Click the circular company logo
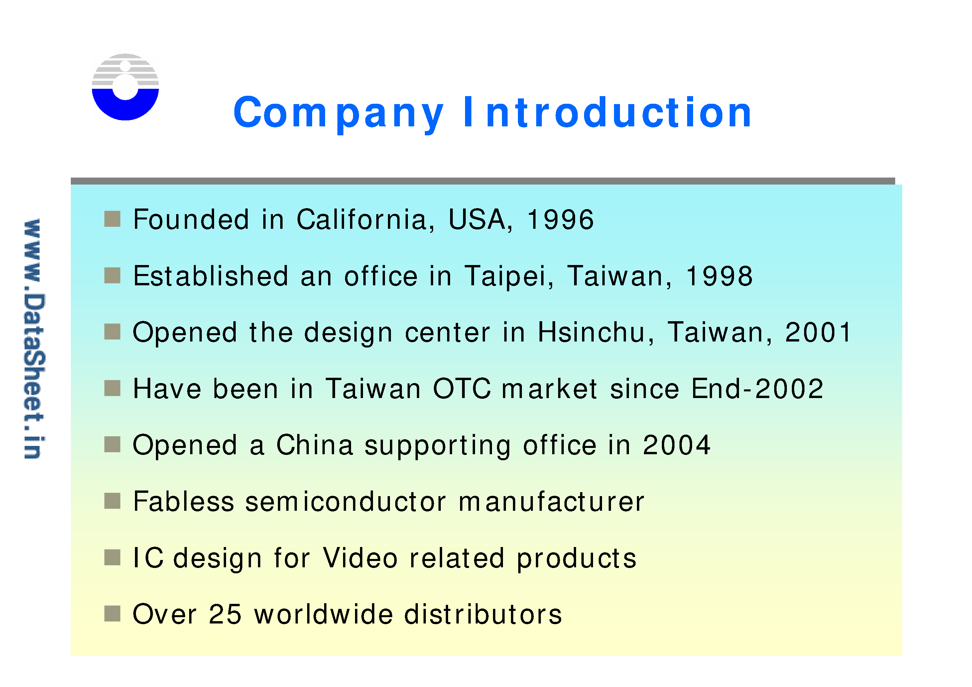click(x=125, y=87)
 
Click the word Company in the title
click(x=338, y=113)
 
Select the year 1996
click(x=560, y=220)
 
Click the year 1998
click(x=719, y=276)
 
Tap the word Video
click(x=360, y=558)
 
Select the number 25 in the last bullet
click(x=225, y=615)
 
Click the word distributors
click(x=483, y=615)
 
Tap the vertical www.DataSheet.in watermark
click(x=34, y=339)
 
